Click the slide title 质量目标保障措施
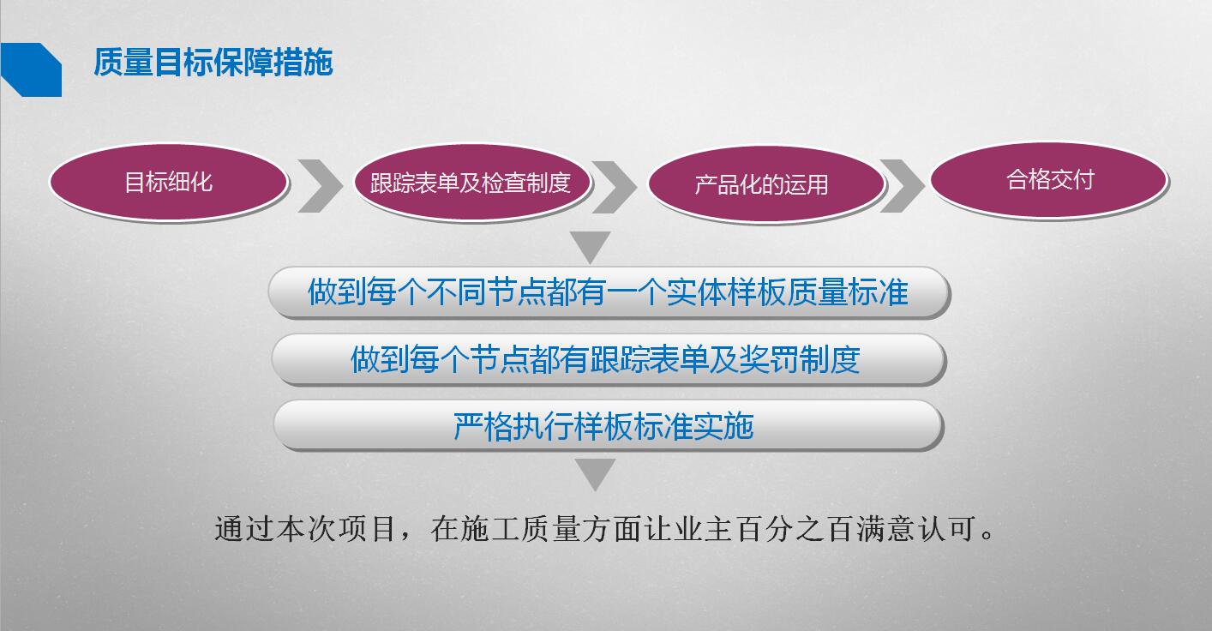tap(213, 62)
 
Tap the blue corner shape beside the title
tap(32, 69)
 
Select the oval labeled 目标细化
tap(169, 182)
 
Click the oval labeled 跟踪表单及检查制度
tap(471, 183)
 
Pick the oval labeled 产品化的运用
tap(765, 184)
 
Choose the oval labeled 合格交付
tap(1048, 180)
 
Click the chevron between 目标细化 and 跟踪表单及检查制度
tap(321, 186)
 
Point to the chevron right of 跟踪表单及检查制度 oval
tap(614, 187)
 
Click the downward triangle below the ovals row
tap(591, 244)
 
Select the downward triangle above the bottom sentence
tap(595, 472)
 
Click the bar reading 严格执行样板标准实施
tap(609, 426)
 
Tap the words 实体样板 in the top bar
tap(726, 292)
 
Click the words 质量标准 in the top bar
tap(848, 292)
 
